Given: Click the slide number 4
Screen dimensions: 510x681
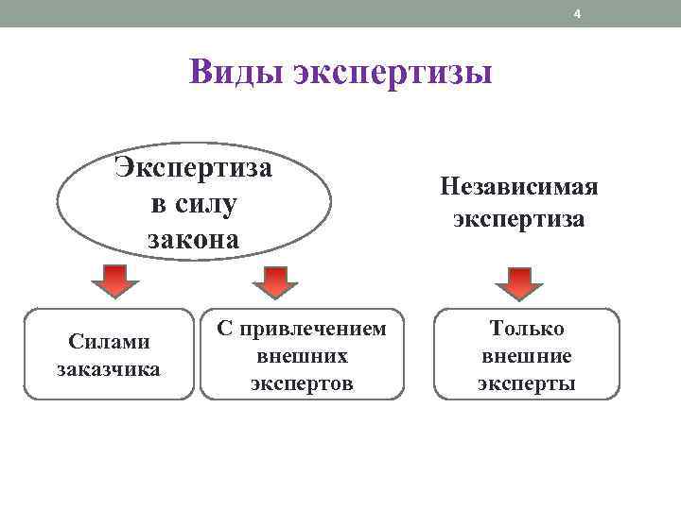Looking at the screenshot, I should point(579,13).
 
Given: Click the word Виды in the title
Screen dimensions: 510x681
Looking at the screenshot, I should point(236,72).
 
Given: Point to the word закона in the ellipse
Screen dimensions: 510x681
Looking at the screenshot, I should point(193,239).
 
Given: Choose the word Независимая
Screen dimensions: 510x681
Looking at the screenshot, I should point(519,185).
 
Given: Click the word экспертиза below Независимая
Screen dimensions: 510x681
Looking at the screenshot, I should point(519,220).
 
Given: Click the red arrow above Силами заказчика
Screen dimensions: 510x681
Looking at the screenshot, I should point(114,281).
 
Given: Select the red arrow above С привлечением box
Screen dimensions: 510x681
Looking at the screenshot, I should point(274,281).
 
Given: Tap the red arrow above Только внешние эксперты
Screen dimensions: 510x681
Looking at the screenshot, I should point(519,281).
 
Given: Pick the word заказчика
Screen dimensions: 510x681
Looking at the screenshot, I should point(108,367).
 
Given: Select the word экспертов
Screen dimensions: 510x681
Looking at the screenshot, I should point(303,383).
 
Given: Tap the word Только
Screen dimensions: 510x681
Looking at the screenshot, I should point(527,329).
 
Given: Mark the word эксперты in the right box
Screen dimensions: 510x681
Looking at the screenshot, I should point(527,383).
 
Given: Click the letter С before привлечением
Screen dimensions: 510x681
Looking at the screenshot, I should point(224,329).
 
